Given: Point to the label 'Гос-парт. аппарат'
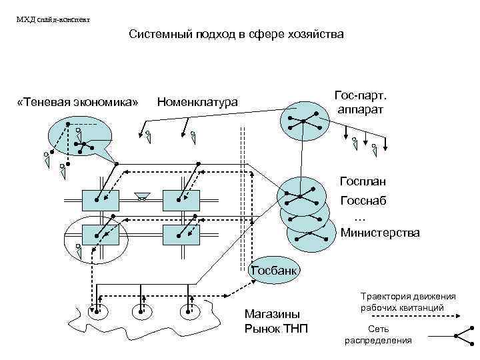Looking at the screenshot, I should (360, 103).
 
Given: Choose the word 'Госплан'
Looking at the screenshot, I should (362, 181).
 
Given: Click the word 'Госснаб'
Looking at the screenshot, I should (363, 200).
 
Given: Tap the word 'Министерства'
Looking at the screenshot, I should (380, 233).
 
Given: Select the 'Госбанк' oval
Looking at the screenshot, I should (275, 270).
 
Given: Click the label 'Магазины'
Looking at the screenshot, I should (272, 313).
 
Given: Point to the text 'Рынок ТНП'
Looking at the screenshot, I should (277, 327).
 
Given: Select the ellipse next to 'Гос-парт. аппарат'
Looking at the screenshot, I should (304, 120).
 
